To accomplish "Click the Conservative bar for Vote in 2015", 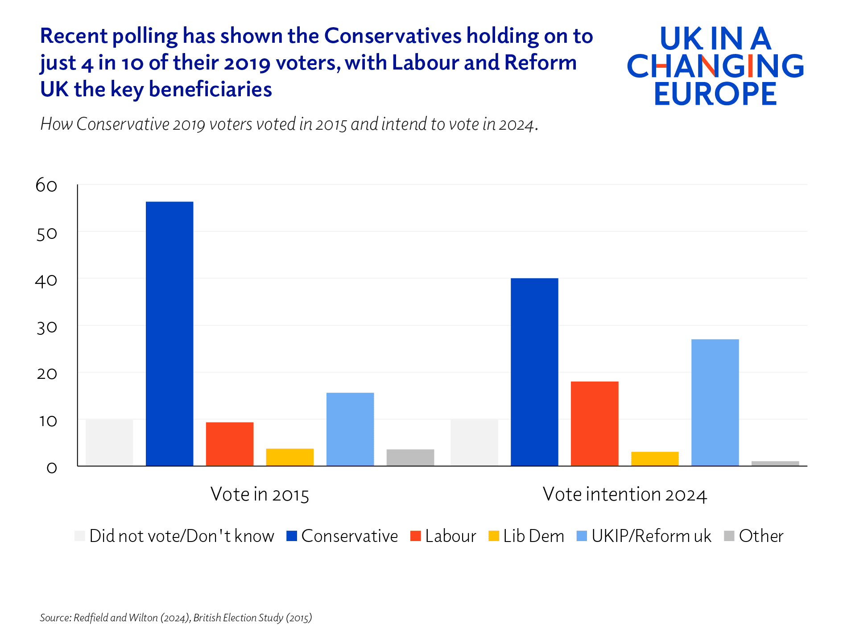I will (x=169, y=334).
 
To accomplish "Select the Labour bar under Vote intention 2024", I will (x=595, y=423).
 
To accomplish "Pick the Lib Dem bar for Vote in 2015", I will (x=290, y=457).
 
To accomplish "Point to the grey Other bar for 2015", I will (x=410, y=458).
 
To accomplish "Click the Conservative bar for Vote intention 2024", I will (x=534, y=372).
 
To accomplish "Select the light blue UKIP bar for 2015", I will (x=350, y=429).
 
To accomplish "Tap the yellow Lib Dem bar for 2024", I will (x=655, y=459).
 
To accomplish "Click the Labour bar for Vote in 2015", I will (x=230, y=444).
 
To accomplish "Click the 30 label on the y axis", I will (x=46, y=328).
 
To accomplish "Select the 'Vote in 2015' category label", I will (x=260, y=495).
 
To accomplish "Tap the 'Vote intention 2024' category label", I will (x=624, y=495).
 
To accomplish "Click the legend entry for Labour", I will (x=444, y=536).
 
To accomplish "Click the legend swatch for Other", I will (x=729, y=536).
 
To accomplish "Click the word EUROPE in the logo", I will (x=715, y=94).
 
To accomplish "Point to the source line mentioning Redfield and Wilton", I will (x=176, y=618).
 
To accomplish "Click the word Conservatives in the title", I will (x=393, y=36).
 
